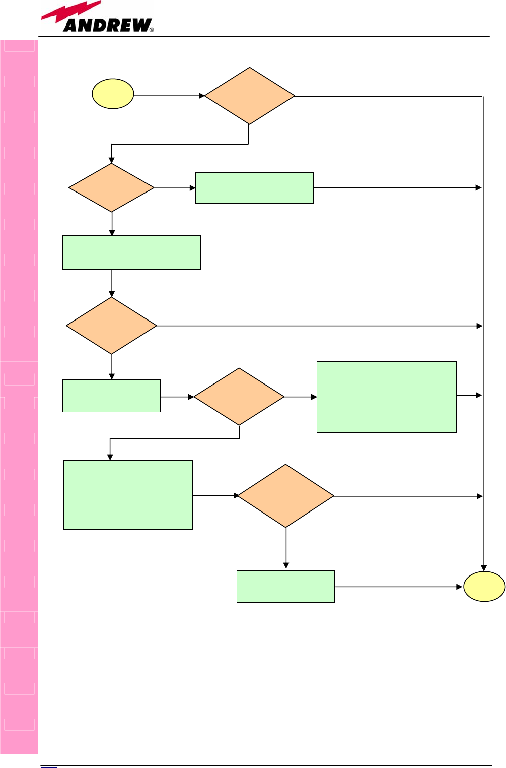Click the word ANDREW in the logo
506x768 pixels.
pos(107,25)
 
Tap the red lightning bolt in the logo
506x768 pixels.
pos(70,12)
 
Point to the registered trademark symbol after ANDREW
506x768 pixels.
pos(152,30)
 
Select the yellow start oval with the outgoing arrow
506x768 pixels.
pos(113,94)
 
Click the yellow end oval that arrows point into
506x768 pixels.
pos(484,587)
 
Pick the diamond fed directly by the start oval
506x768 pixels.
pos(249,96)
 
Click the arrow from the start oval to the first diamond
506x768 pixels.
pos(169,95)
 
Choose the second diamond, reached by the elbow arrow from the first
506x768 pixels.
pos(111,187)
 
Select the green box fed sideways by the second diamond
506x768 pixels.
pos(254,188)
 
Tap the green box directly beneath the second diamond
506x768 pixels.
pos(131,252)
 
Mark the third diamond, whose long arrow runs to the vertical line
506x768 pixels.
pos(111,326)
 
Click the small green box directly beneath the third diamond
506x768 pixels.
pos(111,396)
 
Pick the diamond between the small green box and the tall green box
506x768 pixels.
pos(239,397)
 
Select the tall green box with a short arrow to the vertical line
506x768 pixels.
pos(386,397)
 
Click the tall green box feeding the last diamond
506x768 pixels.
pos(128,495)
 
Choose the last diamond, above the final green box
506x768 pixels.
pos(285,496)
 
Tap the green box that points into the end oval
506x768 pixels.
pos(285,586)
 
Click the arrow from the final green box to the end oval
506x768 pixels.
pos(398,587)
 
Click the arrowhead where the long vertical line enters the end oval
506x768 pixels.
pos(484,568)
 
